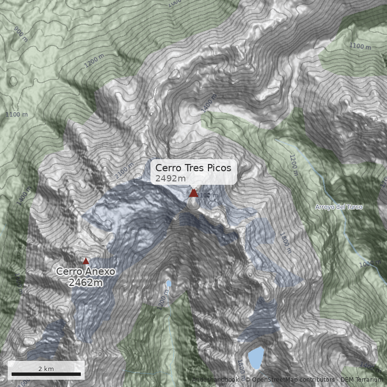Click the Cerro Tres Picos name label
193,168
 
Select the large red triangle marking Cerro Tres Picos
193,193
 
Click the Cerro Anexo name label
86,271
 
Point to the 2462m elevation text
86,283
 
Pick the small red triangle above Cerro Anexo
86,261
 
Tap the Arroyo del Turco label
339,207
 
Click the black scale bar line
46,374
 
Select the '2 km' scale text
46,369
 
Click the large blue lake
255,357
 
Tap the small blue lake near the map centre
168,283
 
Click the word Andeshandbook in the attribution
215,380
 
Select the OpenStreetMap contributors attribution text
290,380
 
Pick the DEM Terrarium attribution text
361,380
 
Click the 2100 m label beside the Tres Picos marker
208,195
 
